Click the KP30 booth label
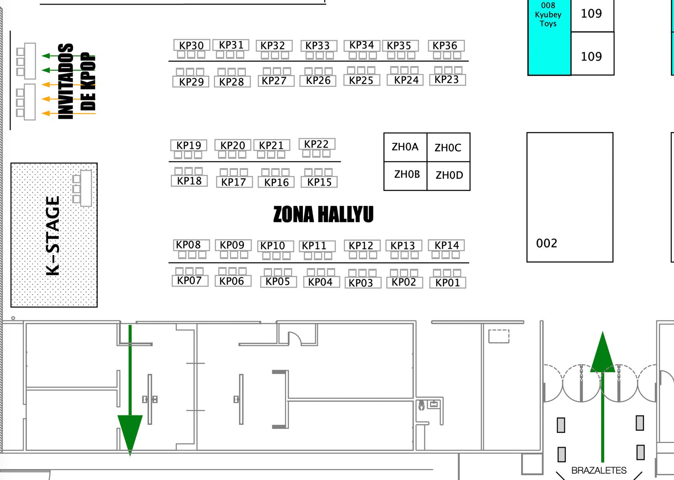191,45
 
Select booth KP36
445,45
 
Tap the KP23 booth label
447,79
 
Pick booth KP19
189,145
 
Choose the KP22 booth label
316,144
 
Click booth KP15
319,182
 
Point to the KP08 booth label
188,245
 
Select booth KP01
447,282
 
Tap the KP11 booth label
314,245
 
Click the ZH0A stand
405,147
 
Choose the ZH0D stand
449,175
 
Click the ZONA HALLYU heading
323,214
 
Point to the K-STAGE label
53,235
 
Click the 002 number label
546,243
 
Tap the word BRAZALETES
599,470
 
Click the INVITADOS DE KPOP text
77,81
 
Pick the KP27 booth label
274,81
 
